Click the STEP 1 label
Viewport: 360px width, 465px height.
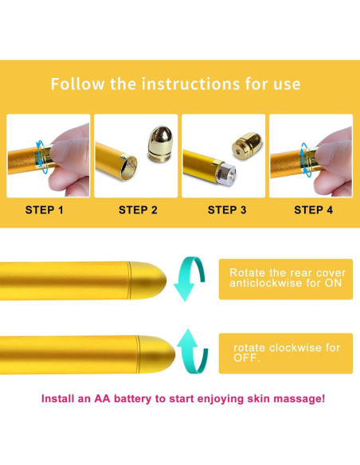click(44, 210)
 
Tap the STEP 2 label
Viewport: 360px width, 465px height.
click(138, 210)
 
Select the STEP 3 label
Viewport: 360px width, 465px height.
click(227, 210)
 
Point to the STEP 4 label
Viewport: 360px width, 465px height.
click(314, 210)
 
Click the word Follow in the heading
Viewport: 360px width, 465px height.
click(78, 84)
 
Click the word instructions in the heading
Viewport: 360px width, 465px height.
click(190, 84)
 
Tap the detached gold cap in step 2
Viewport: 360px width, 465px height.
click(160, 144)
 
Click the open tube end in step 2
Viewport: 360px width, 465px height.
click(129, 167)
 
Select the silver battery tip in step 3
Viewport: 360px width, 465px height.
click(227, 174)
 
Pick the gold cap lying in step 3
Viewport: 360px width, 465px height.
click(247, 145)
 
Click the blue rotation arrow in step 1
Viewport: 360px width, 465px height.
click(41, 157)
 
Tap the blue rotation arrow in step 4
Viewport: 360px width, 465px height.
click(305, 159)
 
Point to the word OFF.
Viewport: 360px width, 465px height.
click(246, 358)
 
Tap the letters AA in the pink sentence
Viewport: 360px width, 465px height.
click(102, 399)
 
